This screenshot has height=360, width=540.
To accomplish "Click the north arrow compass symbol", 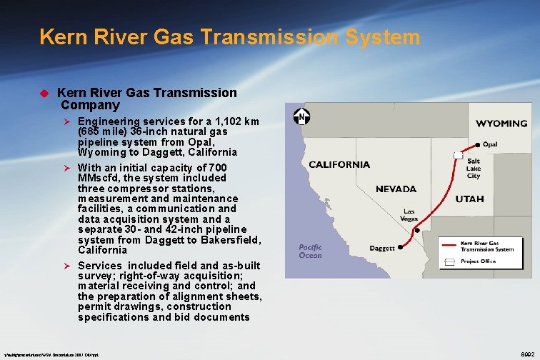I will [x=302, y=117].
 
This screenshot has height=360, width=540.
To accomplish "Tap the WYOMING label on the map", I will [x=501, y=123].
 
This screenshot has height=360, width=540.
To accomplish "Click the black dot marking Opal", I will [x=477, y=144].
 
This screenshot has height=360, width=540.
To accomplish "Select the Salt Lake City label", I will [x=474, y=169].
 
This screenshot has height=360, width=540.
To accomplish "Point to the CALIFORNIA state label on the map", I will [x=339, y=164].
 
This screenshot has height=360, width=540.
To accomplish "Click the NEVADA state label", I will [x=396, y=189].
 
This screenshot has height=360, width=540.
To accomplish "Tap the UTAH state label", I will [x=469, y=199].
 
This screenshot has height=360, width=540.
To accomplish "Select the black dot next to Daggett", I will [x=400, y=247].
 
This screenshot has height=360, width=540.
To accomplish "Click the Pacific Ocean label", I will [x=310, y=251].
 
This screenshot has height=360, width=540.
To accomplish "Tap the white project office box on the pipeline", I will [x=458, y=155].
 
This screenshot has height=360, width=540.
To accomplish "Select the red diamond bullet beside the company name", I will [x=43, y=93].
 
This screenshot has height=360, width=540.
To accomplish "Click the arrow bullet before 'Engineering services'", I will [x=69, y=122].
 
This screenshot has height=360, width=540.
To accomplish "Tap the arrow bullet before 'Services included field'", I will [x=69, y=266].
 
